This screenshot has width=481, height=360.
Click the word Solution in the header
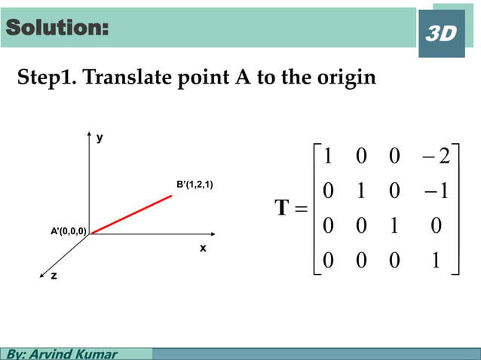(57, 28)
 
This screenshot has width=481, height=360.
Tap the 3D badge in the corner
(441, 34)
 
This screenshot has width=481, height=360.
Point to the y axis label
(99, 138)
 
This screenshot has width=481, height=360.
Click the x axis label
(203, 247)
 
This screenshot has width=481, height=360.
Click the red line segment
(131, 215)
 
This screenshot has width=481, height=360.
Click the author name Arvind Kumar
(72, 353)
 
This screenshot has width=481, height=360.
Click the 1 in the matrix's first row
(326, 157)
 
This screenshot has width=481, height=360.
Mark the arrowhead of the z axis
(44, 266)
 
